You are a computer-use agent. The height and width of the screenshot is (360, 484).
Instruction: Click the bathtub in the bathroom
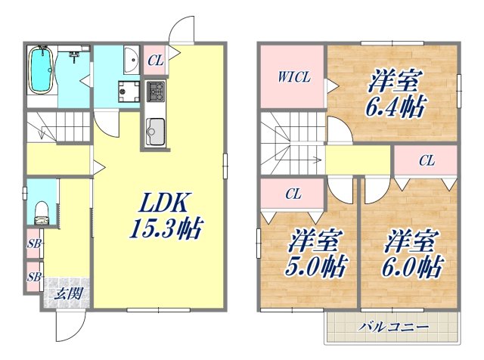click(39, 71)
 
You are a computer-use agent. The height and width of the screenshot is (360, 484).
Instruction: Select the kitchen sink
click(155, 133)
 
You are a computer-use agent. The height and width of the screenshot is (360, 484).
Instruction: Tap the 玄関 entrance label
click(67, 294)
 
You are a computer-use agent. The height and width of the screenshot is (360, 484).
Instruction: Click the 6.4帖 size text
click(395, 105)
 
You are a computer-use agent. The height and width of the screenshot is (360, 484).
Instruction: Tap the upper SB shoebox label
click(33, 244)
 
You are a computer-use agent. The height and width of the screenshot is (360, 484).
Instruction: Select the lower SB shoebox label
click(33, 276)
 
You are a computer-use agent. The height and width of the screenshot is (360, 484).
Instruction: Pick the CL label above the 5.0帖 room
click(293, 194)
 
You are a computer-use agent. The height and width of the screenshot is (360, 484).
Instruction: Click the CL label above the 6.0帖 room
click(427, 160)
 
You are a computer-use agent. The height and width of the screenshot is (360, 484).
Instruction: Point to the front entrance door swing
click(67, 325)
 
